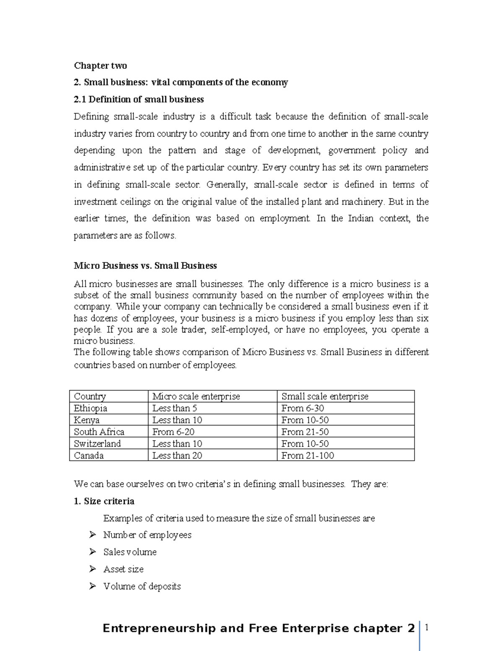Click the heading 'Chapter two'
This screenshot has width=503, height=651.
pos(100,65)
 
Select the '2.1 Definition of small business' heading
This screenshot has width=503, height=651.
pos(139,99)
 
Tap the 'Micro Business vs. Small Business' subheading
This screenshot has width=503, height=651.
pos(145,266)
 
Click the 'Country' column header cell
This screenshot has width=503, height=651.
pos(90,396)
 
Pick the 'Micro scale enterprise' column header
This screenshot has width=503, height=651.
pos(196,396)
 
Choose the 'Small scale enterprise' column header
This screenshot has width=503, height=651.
pos(324,396)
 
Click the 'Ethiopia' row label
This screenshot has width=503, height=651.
pos(90,408)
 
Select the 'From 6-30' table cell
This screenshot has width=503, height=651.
pos(302,408)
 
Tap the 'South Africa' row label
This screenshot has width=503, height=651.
pos(99,432)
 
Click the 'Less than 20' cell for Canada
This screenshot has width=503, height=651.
pos(177,455)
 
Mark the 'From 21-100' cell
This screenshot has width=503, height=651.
pos(307,455)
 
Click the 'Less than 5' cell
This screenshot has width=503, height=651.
pos(174,408)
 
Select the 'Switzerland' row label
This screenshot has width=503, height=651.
pos(97,444)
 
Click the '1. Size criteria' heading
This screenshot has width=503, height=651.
pos(104,501)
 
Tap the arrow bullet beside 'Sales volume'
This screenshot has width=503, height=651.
pos(93,552)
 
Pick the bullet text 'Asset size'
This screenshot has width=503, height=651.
pos(123,569)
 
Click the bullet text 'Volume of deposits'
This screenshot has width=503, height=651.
pos(142,586)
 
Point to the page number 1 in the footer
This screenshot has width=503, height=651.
pos(427,628)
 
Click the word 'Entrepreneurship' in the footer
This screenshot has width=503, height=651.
pos(159,628)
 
